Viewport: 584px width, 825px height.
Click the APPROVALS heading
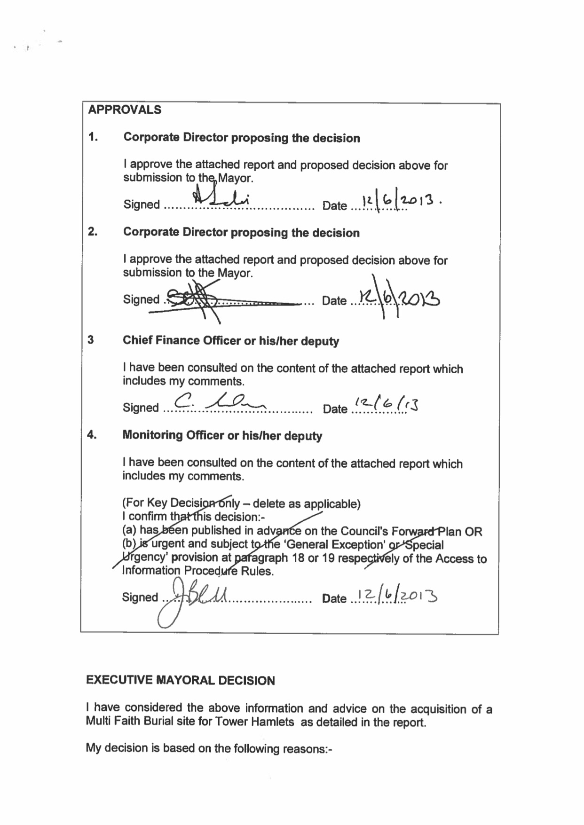(x=125, y=110)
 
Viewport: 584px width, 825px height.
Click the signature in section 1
(x=221, y=197)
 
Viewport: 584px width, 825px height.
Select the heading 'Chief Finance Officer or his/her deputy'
(x=230, y=341)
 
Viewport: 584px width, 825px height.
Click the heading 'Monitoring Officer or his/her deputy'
(x=222, y=435)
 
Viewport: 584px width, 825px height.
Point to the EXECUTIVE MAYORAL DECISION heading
(x=180, y=680)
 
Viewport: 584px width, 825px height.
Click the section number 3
(x=91, y=340)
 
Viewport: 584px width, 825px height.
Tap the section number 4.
(x=92, y=435)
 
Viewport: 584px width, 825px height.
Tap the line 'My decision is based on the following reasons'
(x=209, y=748)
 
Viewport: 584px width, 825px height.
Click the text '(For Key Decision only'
(x=181, y=503)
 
